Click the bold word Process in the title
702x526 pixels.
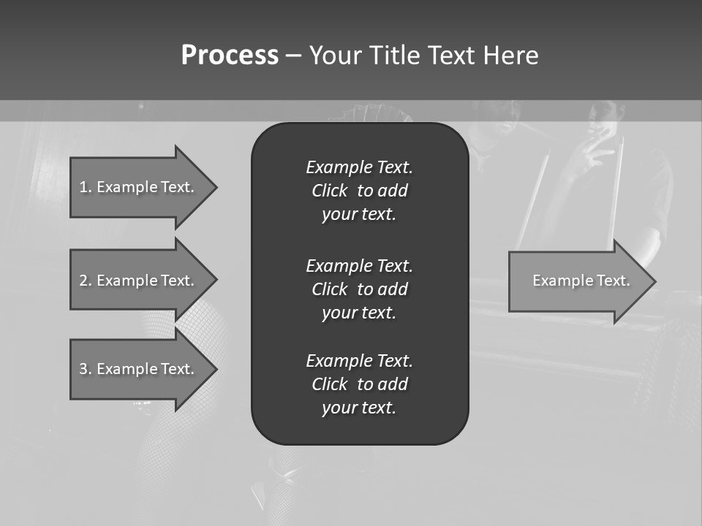tap(230, 56)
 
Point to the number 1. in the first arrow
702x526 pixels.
tap(86, 187)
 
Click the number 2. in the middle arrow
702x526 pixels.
tap(86, 281)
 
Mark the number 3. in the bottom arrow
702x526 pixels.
tap(86, 369)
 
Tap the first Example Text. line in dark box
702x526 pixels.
tap(359, 167)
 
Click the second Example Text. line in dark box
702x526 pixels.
tap(359, 265)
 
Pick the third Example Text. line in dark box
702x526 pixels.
tap(359, 361)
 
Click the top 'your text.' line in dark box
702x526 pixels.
tap(359, 215)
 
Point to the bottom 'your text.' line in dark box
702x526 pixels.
tap(359, 408)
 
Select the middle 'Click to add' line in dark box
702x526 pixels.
tap(359, 289)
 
